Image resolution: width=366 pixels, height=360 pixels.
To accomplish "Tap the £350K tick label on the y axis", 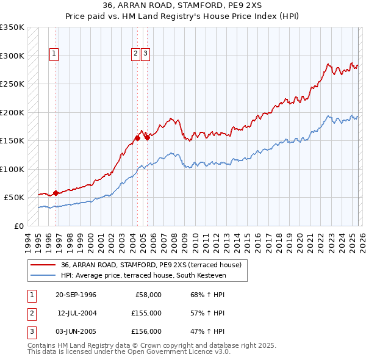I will click(x=12, y=27).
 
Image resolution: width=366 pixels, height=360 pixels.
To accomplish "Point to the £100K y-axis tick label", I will click(x=12, y=169).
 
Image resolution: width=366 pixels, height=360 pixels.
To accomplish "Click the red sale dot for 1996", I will click(x=56, y=193).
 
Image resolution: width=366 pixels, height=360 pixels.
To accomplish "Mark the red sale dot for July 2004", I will click(x=137, y=138).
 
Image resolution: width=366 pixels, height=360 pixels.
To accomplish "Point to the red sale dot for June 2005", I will click(x=147, y=137).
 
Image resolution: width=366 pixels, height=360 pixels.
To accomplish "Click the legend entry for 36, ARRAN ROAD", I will click(x=151, y=265).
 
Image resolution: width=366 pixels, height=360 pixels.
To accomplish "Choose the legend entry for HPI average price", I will click(x=143, y=276).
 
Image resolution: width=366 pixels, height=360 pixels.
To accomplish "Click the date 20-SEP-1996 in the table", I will click(x=76, y=295).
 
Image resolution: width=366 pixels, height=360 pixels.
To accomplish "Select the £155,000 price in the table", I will click(x=146, y=313).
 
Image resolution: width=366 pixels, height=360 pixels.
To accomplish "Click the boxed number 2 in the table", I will click(x=31, y=313).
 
